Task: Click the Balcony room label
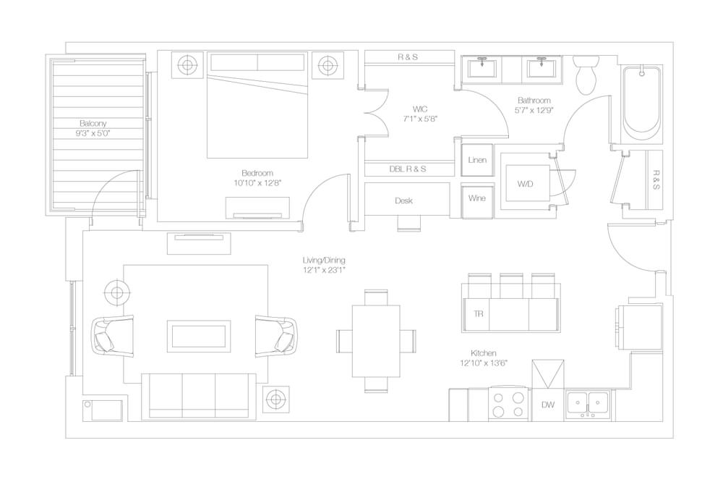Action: pos(93,123)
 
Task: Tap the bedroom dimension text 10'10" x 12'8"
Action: pos(257,183)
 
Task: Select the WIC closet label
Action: pos(420,109)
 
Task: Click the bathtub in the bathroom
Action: pos(642,104)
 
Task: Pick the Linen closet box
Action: pos(477,160)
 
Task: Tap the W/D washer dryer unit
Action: pos(526,183)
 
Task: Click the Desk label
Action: pos(403,201)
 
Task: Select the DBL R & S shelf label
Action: pos(408,169)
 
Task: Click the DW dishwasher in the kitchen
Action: pos(548,405)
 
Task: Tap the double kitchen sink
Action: pos(588,405)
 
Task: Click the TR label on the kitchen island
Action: pos(479,314)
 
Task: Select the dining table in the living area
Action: pos(376,341)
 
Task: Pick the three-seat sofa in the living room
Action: pos(199,396)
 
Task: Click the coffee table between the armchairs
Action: pos(199,336)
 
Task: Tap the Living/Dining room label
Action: pos(324,261)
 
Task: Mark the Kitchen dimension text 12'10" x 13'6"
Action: pos(484,363)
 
